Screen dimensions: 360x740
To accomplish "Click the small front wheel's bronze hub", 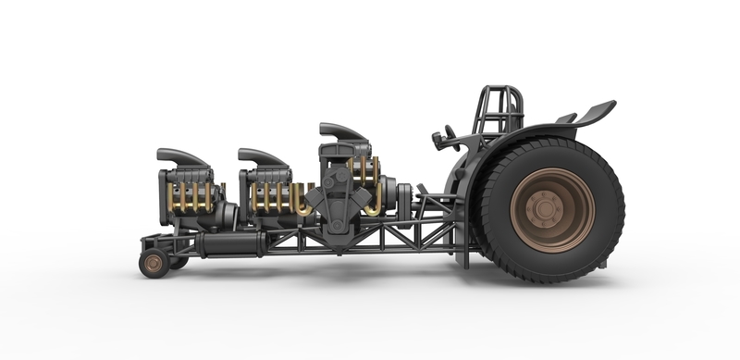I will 153,264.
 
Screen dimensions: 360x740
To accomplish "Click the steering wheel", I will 441,140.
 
